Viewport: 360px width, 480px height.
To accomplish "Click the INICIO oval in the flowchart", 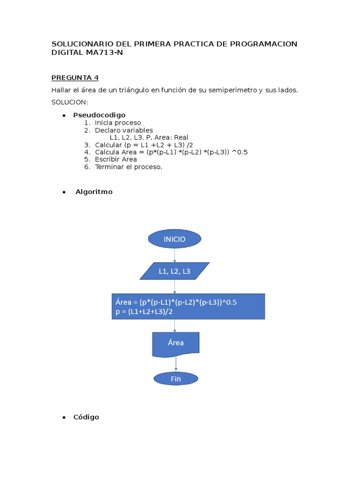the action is (x=174, y=239).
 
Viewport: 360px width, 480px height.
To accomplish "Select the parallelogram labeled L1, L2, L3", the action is (x=174, y=271).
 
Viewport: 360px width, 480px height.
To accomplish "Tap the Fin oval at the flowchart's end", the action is (x=176, y=379).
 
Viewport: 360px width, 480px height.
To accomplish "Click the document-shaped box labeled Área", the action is (x=176, y=344).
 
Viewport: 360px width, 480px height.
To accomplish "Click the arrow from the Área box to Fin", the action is (x=176, y=364).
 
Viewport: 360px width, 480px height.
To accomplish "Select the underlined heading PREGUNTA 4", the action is (x=75, y=78).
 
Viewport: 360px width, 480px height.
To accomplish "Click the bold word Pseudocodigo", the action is (x=99, y=115).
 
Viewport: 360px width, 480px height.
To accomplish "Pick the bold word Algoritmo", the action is (x=94, y=192).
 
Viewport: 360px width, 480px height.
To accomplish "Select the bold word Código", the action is (x=86, y=417).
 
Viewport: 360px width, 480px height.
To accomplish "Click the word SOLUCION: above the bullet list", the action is (x=70, y=102).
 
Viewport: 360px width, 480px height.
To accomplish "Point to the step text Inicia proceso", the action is (x=118, y=123).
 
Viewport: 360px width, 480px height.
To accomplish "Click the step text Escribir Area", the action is (x=116, y=159).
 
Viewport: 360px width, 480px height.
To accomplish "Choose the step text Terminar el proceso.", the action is (x=128, y=167).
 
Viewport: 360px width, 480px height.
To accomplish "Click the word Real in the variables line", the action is (x=180, y=137).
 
